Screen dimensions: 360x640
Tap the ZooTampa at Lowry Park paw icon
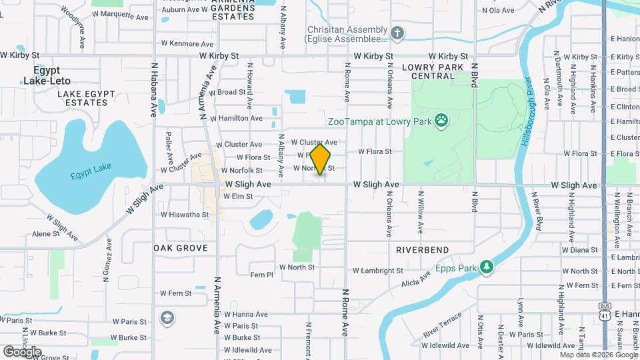coord(441,121)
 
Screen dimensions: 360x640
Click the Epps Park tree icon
coord(487,267)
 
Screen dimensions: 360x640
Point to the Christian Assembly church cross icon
coord(397,34)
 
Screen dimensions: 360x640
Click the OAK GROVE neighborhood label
coord(181,248)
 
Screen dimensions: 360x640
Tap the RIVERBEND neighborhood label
coord(422,249)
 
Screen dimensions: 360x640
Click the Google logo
coord(22,352)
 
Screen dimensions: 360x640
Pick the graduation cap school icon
coord(165,317)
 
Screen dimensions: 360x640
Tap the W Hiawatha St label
coord(185,215)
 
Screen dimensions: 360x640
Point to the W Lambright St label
coord(378,271)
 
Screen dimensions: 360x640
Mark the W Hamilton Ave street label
coord(236,118)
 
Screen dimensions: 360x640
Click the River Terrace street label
coord(442,323)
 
